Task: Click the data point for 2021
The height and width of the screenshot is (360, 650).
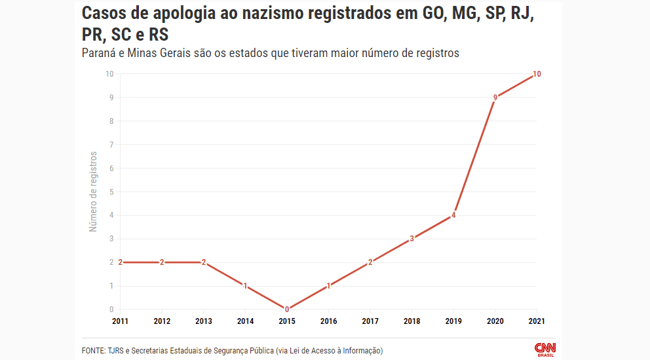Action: coord(537,74)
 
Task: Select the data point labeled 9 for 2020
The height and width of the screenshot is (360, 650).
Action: coord(495,98)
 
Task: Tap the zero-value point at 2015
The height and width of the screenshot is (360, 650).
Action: coord(287,309)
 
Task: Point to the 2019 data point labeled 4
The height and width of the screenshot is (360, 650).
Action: coord(453,215)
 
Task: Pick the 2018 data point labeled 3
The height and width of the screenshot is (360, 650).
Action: coord(411,239)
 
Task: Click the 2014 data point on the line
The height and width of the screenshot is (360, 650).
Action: coord(245,286)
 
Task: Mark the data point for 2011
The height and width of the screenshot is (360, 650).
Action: coord(121,262)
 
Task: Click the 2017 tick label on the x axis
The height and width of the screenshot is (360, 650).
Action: coord(370,321)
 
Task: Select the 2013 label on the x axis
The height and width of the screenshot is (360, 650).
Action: coord(204,321)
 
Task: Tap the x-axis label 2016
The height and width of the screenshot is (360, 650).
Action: coord(328,321)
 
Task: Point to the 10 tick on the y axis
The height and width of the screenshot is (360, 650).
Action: coord(109,74)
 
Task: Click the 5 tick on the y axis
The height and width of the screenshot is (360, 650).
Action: coord(111,191)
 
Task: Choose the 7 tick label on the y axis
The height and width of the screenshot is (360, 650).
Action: coord(111,145)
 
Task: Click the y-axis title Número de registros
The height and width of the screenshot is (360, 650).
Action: coord(93,191)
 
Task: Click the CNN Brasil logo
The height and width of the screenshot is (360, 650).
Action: coord(545,349)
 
